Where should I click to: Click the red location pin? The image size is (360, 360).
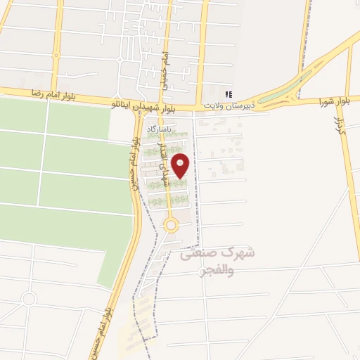(181, 166)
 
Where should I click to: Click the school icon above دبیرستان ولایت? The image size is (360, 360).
(228, 94)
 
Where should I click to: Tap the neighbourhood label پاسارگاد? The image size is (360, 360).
(159, 129)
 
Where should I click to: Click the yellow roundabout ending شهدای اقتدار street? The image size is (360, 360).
(170, 225)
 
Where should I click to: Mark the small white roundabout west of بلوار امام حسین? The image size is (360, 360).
(28, 299)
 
